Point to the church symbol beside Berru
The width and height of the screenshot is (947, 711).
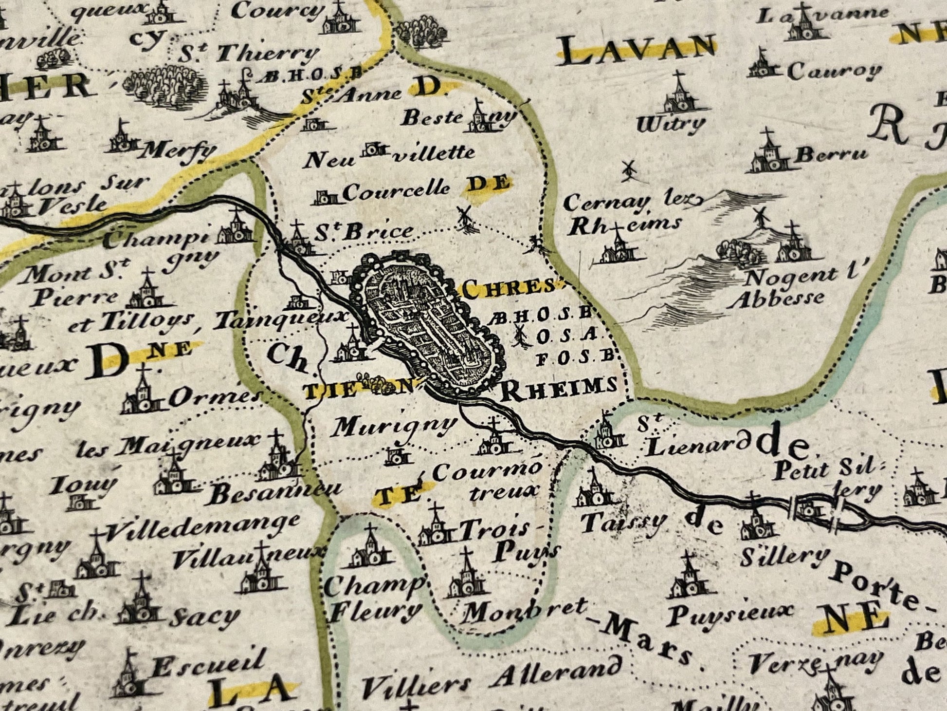click(770, 155)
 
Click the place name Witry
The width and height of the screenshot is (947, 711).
click(670, 125)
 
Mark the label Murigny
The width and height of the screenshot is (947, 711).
click(394, 427)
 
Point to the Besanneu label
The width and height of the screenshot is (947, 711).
click(276, 493)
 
